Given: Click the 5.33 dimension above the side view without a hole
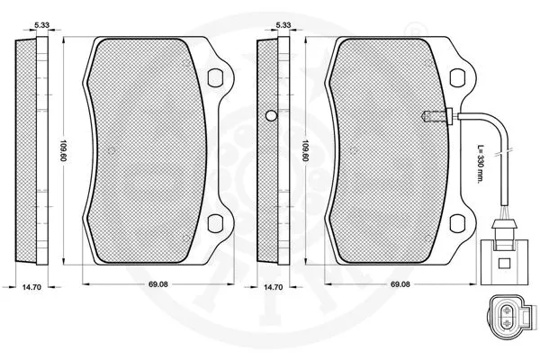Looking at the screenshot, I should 40,26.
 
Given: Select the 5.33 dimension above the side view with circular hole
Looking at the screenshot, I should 281,26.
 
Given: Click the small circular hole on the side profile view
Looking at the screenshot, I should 271,115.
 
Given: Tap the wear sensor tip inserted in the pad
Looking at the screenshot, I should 430,114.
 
